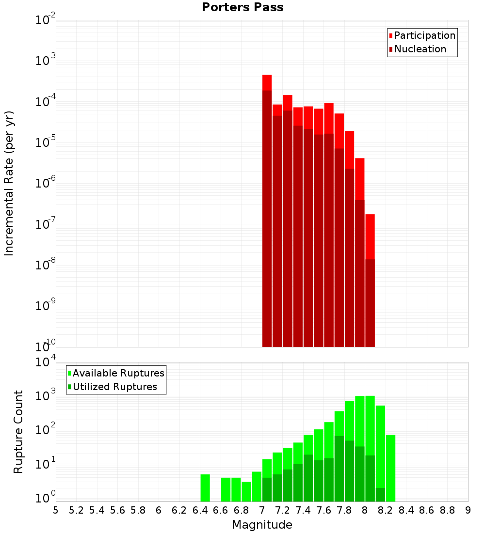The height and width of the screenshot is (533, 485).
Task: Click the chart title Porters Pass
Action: point(242,7)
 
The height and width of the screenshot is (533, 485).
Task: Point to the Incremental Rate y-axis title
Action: point(9,184)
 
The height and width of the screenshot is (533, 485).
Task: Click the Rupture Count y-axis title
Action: point(18,432)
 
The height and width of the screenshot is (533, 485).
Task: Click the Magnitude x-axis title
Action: point(262,525)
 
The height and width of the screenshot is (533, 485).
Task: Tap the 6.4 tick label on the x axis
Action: point(200,510)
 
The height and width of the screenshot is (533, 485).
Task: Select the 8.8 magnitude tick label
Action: point(447,510)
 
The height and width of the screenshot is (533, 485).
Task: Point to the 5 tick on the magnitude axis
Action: point(56,510)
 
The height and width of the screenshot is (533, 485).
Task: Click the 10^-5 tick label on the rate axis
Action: point(46,142)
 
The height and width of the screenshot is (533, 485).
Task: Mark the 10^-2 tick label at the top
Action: point(46,20)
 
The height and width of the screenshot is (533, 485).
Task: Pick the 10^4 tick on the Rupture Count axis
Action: point(46,362)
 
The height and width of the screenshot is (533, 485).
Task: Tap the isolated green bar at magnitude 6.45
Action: point(205,488)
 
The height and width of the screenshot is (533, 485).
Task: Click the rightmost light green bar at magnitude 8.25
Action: point(390,468)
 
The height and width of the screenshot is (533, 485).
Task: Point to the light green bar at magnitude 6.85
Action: point(246,491)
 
